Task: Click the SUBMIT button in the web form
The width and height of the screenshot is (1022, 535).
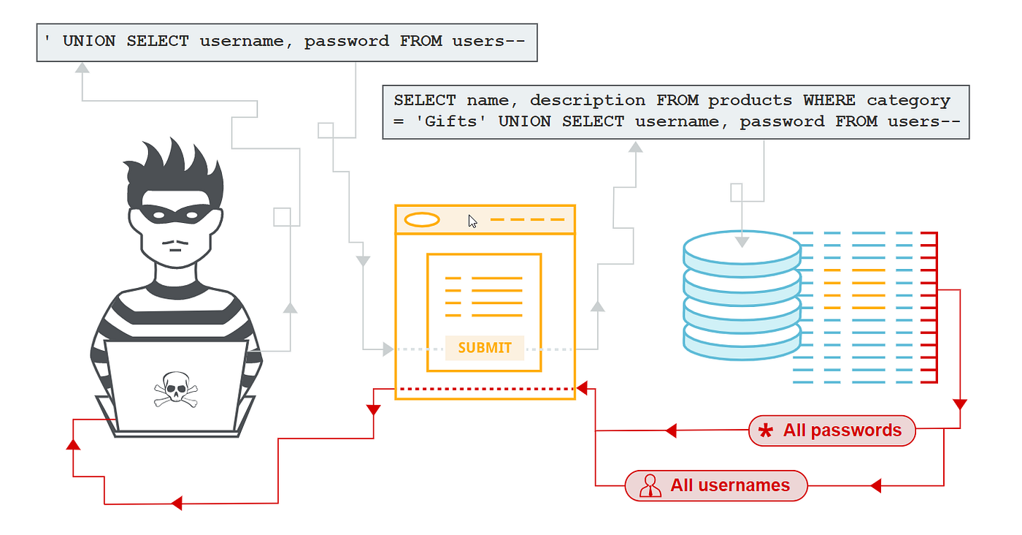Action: coord(485,348)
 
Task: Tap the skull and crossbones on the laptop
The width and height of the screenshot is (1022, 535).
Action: coord(176,389)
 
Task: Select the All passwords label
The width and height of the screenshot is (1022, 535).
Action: coord(842,430)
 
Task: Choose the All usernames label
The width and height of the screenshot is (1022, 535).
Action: coord(729,485)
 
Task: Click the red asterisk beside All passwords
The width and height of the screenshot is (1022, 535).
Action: coord(765,431)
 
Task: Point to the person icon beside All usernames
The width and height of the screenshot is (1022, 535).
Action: coord(649,486)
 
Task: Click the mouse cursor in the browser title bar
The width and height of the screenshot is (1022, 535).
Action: coord(473,221)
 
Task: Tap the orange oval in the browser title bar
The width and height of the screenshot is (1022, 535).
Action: coord(421,219)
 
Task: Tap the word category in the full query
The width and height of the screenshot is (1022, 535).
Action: coord(908,100)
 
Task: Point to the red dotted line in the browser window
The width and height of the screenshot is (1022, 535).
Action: coord(485,388)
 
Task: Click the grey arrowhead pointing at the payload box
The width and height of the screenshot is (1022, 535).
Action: coord(82,68)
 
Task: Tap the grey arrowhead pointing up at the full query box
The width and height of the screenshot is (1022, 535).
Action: coord(636,147)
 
